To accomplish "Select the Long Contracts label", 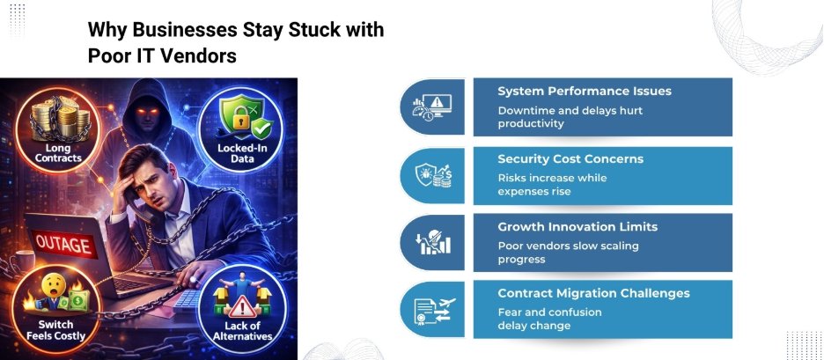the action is (58, 153).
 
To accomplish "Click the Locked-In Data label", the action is (242, 153).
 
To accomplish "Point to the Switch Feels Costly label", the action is (55, 330).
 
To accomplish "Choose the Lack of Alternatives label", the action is (242, 332).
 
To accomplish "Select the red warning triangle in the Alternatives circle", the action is (242, 306).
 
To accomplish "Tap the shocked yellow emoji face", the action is (56, 284).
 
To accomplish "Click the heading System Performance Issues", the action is (585, 92).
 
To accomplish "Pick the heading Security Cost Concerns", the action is (570, 159).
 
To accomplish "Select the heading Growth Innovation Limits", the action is (578, 227).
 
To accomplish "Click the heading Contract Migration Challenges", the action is (594, 293).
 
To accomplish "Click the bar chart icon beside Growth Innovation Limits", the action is (432, 242).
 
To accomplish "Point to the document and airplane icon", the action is (433, 310).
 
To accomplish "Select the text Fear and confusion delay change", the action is (549, 319).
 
